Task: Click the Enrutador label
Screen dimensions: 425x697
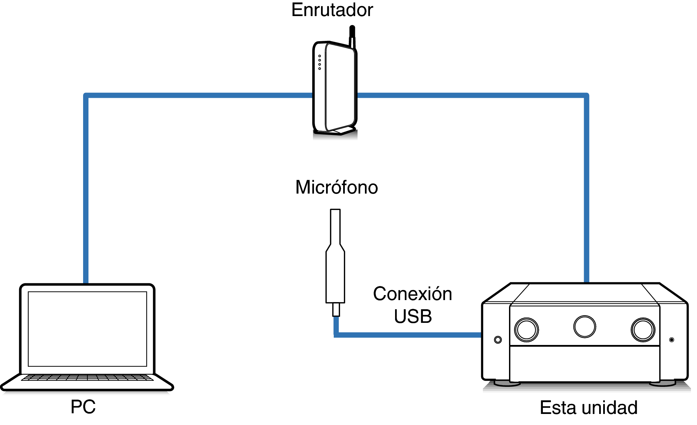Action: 332,10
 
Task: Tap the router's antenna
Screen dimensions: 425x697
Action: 352,35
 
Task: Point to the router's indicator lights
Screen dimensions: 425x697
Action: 320,62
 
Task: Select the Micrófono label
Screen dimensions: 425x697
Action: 336,187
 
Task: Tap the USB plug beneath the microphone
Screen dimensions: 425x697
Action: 336,309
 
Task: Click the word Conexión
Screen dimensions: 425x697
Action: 413,294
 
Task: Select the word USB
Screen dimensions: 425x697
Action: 413,316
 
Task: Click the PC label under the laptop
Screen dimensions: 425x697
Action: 83,407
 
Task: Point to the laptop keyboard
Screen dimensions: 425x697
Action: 87,378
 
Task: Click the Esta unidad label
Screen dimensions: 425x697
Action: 588,408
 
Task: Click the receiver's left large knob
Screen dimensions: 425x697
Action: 526,330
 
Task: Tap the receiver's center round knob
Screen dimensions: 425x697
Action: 585,327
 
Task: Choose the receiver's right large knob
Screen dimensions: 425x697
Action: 643,330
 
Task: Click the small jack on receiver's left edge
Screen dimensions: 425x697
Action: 498,340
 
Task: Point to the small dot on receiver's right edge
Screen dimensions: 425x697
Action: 672,340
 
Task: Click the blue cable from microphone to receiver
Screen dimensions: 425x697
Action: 409,335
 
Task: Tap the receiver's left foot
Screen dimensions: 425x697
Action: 507,383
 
